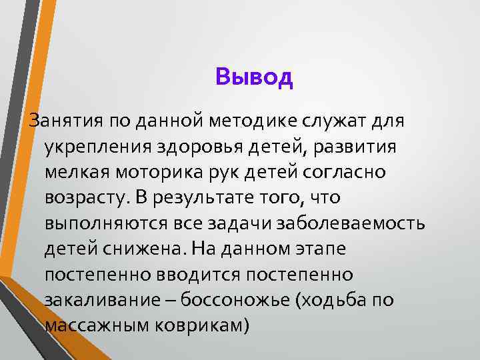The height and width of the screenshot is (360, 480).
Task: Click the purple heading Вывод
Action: (x=255, y=77)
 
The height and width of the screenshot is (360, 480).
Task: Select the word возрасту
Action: (x=85, y=198)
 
